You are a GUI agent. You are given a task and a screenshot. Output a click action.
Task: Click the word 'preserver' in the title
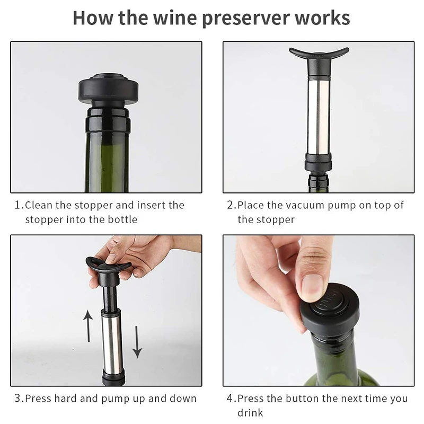pyautogui.click(x=246, y=19)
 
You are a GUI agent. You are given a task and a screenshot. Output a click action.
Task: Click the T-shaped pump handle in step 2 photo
pyautogui.click(x=319, y=55)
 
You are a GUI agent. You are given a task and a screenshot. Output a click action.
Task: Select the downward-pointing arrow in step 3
pyautogui.click(x=137, y=342)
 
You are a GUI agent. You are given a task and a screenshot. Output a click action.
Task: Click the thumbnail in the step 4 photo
pyautogui.click(x=312, y=287)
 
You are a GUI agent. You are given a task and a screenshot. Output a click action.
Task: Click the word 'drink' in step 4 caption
pyautogui.click(x=250, y=413)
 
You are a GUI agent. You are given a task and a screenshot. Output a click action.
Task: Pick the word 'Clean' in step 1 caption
pyautogui.click(x=38, y=205)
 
